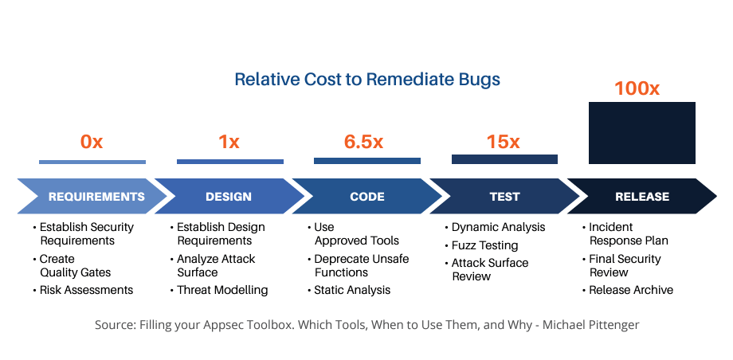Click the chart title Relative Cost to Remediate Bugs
point(367,80)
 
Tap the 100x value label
point(637,88)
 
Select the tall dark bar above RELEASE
point(642,133)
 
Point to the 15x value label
point(503,142)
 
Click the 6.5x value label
point(363,142)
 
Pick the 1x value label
point(229,142)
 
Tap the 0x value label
point(92,142)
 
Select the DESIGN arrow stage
point(229,197)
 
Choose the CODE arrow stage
point(367,197)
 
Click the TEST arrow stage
point(504,197)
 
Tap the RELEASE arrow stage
point(642,197)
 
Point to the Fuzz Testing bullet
point(482,245)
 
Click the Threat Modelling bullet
point(219,290)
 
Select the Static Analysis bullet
point(349,290)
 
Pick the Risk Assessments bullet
point(83,290)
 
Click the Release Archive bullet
point(628,290)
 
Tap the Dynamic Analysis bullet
point(496,227)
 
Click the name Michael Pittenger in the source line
point(591,324)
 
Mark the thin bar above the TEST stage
point(504,159)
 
